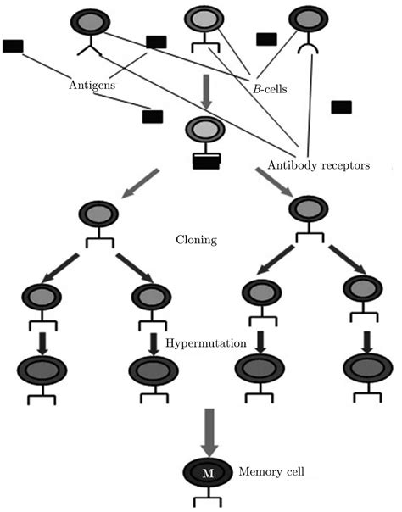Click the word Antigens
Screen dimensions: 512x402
point(91,86)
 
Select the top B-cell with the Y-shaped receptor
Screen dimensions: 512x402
point(88,21)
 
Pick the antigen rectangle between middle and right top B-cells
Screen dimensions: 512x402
point(266,39)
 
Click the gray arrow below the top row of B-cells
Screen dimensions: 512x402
point(206,88)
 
